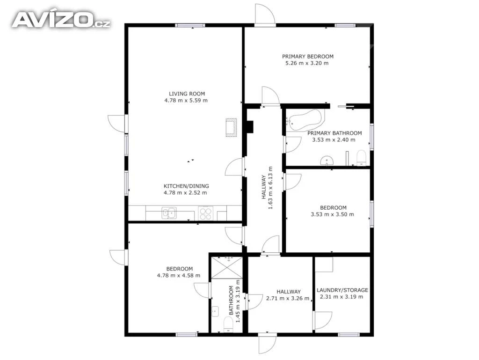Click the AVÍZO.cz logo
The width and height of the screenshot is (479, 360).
(61, 20)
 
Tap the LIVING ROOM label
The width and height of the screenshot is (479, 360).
(187, 94)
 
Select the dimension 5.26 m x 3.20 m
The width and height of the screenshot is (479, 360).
(307, 63)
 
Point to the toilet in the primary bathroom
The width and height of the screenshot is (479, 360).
(362, 157)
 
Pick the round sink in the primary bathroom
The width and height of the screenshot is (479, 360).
(327, 161)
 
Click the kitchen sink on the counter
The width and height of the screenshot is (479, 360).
(169, 213)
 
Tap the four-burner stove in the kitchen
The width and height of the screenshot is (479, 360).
(206, 213)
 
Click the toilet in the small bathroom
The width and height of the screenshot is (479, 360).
(228, 324)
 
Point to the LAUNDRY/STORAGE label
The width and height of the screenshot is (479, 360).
(342, 290)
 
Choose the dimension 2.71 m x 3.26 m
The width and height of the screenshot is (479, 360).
(288, 298)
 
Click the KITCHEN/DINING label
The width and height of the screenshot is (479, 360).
(186, 186)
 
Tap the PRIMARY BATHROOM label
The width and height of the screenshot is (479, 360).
(334, 133)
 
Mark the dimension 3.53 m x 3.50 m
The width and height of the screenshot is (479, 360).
(333, 214)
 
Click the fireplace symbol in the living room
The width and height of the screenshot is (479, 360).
(231, 127)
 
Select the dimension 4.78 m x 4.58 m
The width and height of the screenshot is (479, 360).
(179, 275)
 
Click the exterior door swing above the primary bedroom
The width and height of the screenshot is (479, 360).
(265, 14)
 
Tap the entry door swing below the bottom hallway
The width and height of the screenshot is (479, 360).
(267, 345)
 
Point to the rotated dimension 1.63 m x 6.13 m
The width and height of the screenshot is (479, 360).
(267, 188)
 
